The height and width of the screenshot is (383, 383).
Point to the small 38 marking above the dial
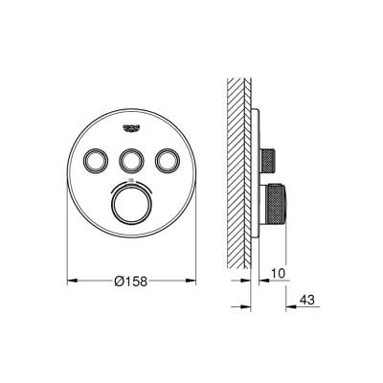point(128,181)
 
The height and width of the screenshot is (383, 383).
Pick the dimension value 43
point(306,301)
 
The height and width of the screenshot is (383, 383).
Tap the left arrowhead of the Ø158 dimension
point(71,282)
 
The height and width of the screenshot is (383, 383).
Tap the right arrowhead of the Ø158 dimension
point(186,282)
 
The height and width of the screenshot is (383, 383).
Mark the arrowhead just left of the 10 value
point(258,282)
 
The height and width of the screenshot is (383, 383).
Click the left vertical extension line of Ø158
point(67,239)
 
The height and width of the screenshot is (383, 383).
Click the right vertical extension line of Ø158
point(190,239)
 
